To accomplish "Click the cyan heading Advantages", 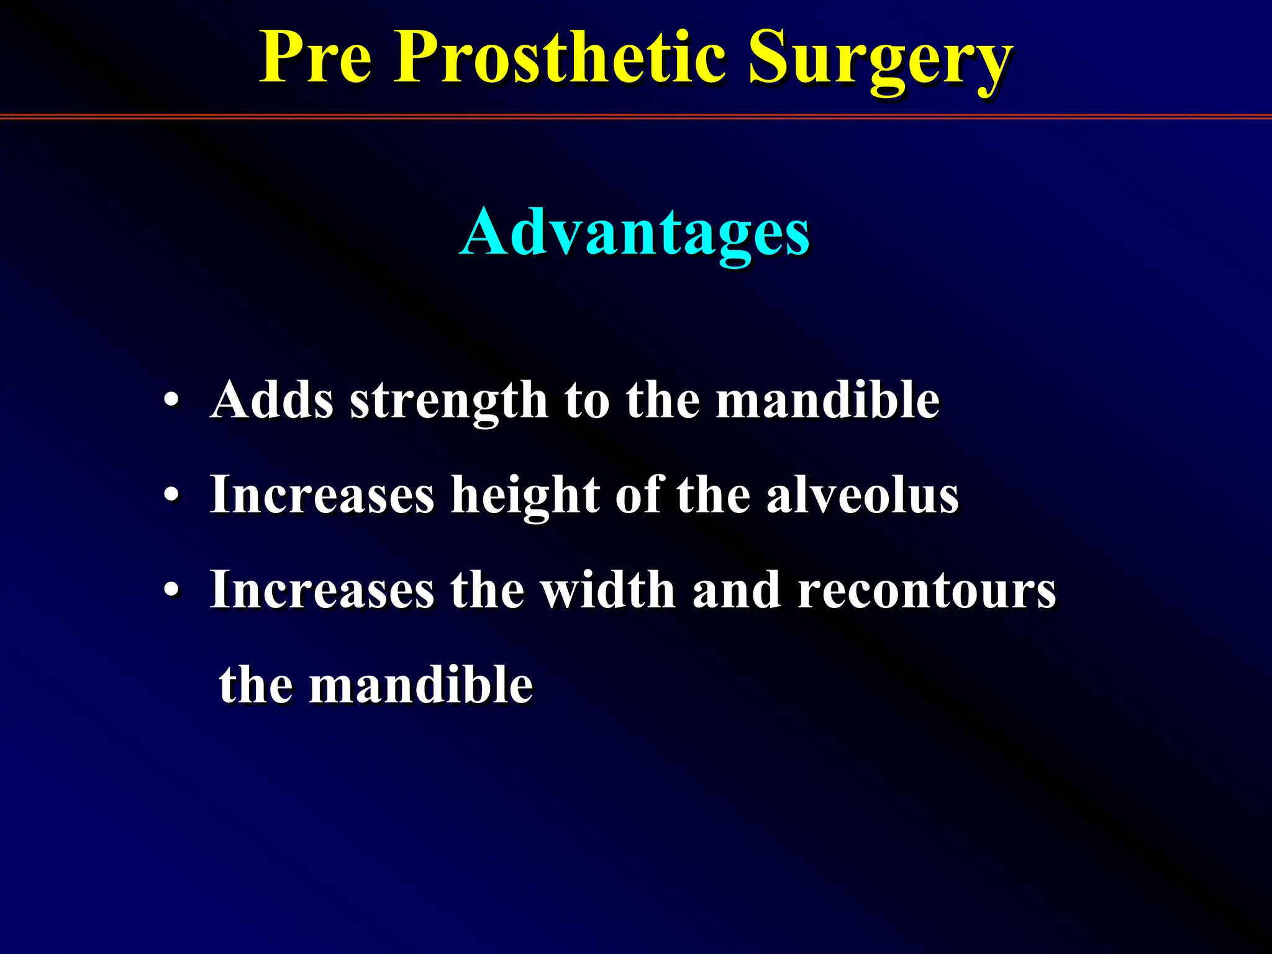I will [635, 234].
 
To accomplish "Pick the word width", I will [607, 590].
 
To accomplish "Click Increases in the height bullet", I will [322, 496].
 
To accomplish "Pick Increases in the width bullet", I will [322, 590].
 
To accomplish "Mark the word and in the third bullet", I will [736, 590].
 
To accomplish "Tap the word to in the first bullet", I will [586, 401].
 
